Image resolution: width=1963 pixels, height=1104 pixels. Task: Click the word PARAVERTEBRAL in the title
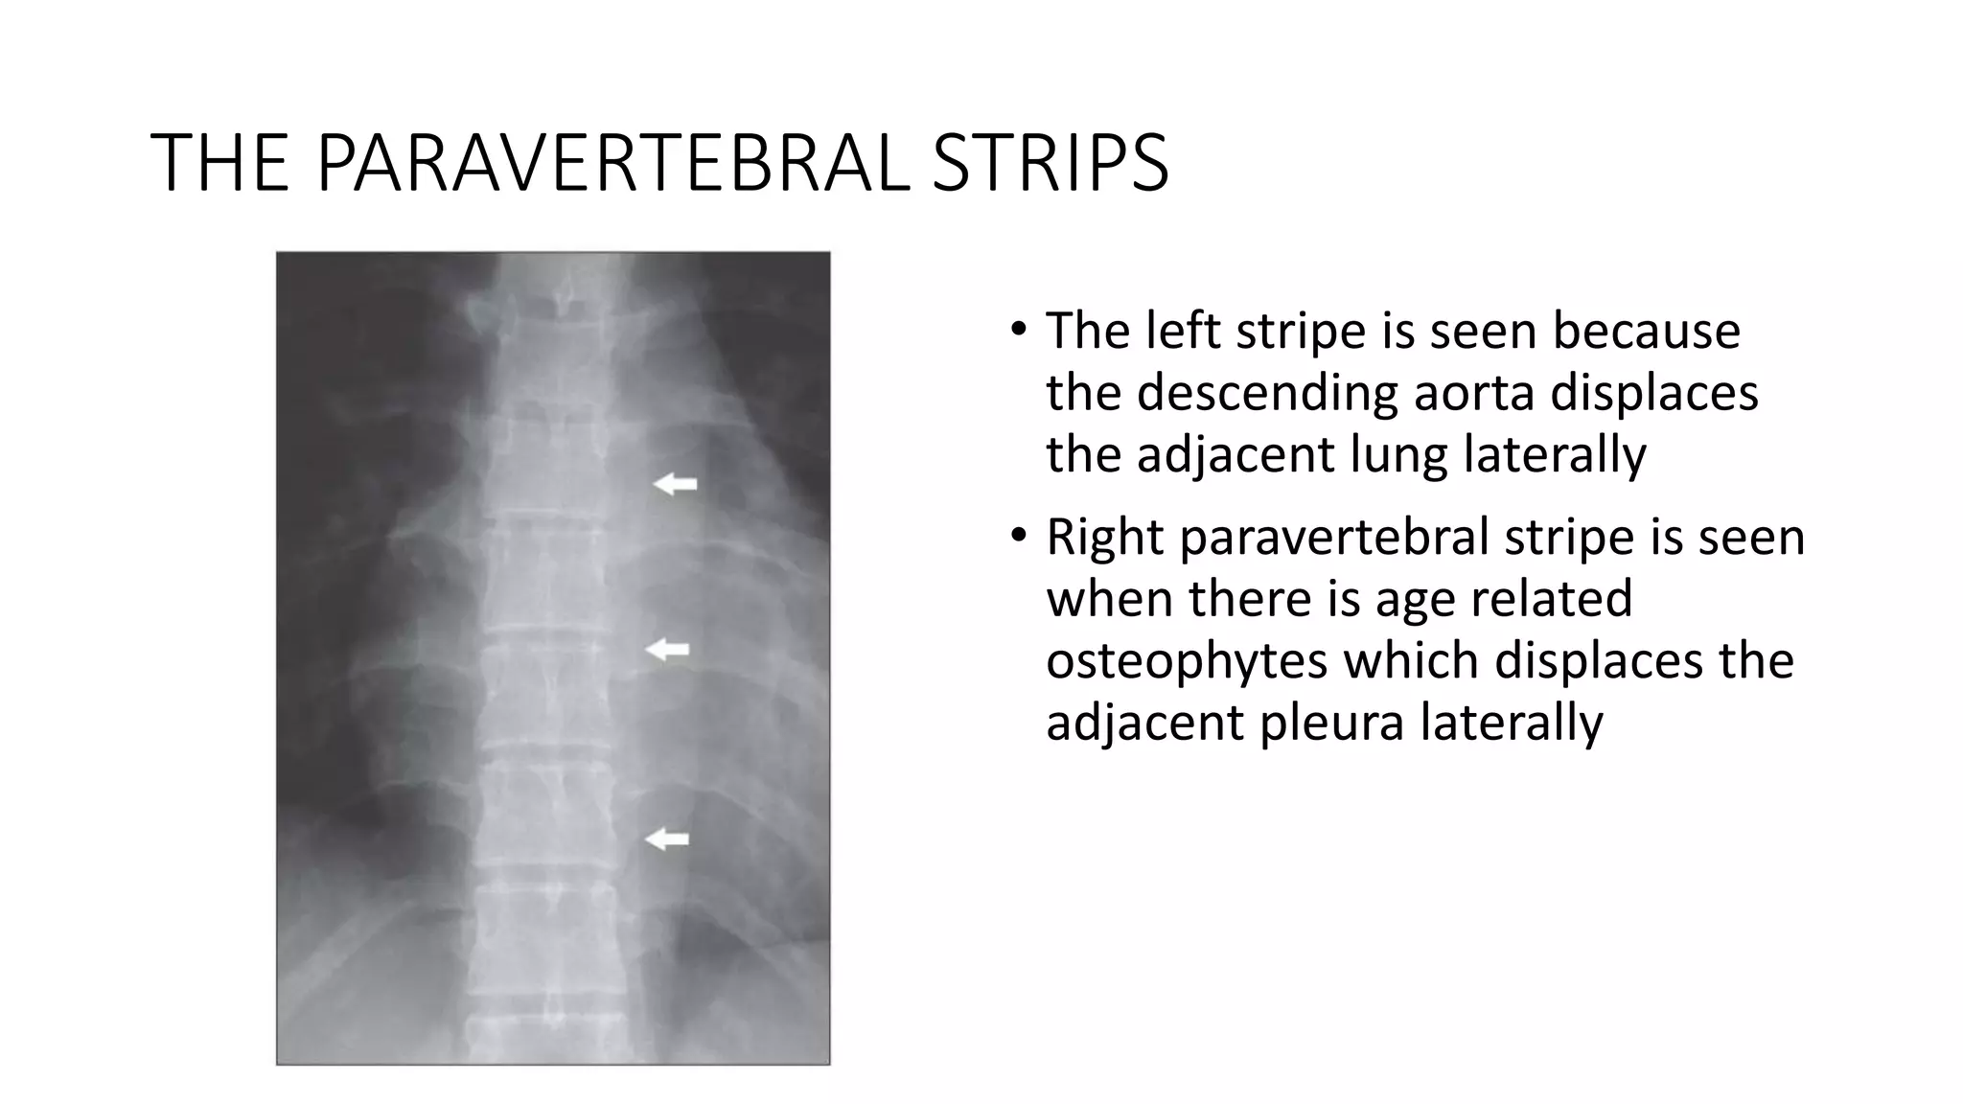click(612, 163)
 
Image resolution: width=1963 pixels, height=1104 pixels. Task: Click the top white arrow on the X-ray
click(675, 485)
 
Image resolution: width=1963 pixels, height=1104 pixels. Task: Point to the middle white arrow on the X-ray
click(667, 651)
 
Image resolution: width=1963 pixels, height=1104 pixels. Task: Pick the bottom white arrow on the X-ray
click(667, 839)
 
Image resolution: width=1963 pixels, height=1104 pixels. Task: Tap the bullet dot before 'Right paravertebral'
click(1018, 536)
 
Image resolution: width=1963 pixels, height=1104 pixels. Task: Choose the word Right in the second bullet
click(1105, 537)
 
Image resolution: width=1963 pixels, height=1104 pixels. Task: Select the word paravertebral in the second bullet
click(1333, 537)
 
